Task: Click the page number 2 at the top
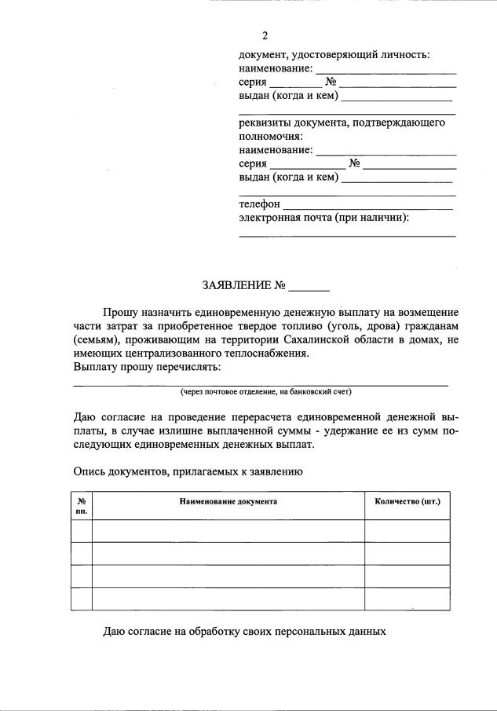pos(265,36)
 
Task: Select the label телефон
pos(259,204)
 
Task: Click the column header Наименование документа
pos(228,500)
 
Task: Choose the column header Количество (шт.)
pos(407,500)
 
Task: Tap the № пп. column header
pos(82,505)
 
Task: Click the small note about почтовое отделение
pos(265,390)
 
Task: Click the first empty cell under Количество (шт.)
pos(407,531)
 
